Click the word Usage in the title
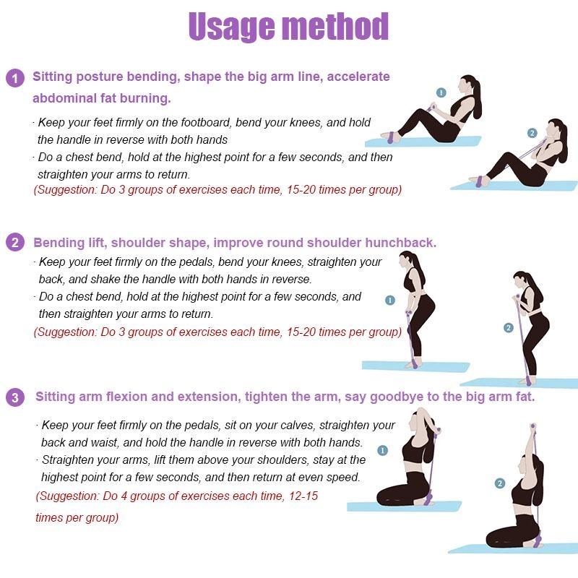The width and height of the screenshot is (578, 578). pyautogui.click(x=231, y=27)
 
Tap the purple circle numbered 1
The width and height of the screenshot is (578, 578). pyautogui.click(x=15, y=79)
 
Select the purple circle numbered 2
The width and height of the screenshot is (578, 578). pyautogui.click(x=15, y=242)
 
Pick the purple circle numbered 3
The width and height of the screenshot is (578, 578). pyautogui.click(x=15, y=397)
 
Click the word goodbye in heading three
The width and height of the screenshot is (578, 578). pyautogui.click(x=396, y=397)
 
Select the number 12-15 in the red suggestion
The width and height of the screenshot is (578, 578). pyautogui.click(x=303, y=496)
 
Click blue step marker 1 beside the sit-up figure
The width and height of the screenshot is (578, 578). pyautogui.click(x=441, y=92)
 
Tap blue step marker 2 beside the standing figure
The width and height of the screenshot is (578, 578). pyautogui.click(x=509, y=328)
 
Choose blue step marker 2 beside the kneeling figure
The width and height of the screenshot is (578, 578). pyautogui.click(x=500, y=483)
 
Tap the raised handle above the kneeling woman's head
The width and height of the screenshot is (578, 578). pyautogui.click(x=532, y=426)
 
